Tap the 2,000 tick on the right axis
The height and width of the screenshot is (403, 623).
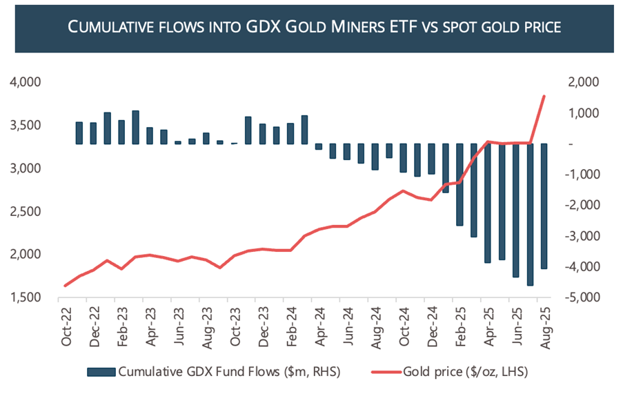(x=584, y=82)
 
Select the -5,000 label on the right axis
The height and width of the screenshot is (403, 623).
(x=583, y=297)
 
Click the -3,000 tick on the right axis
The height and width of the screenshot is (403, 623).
(x=583, y=236)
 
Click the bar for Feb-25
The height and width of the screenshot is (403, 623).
(x=459, y=184)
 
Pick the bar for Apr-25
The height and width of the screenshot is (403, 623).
(x=488, y=203)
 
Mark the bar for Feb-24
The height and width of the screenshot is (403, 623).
(x=304, y=129)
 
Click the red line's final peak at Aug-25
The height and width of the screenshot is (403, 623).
(x=544, y=97)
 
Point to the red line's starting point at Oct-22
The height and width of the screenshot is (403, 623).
(x=66, y=285)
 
